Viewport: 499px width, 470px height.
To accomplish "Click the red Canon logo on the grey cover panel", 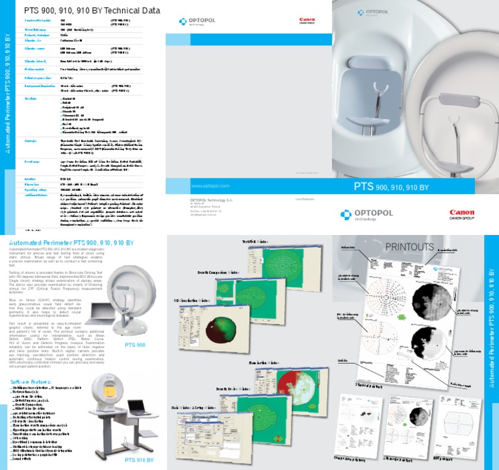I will coord(307,21).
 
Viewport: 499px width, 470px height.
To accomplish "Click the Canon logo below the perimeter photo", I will coord(462,214).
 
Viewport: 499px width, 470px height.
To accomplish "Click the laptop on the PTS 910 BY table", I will coord(139,406).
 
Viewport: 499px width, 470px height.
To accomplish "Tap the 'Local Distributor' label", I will coord(303,199).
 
